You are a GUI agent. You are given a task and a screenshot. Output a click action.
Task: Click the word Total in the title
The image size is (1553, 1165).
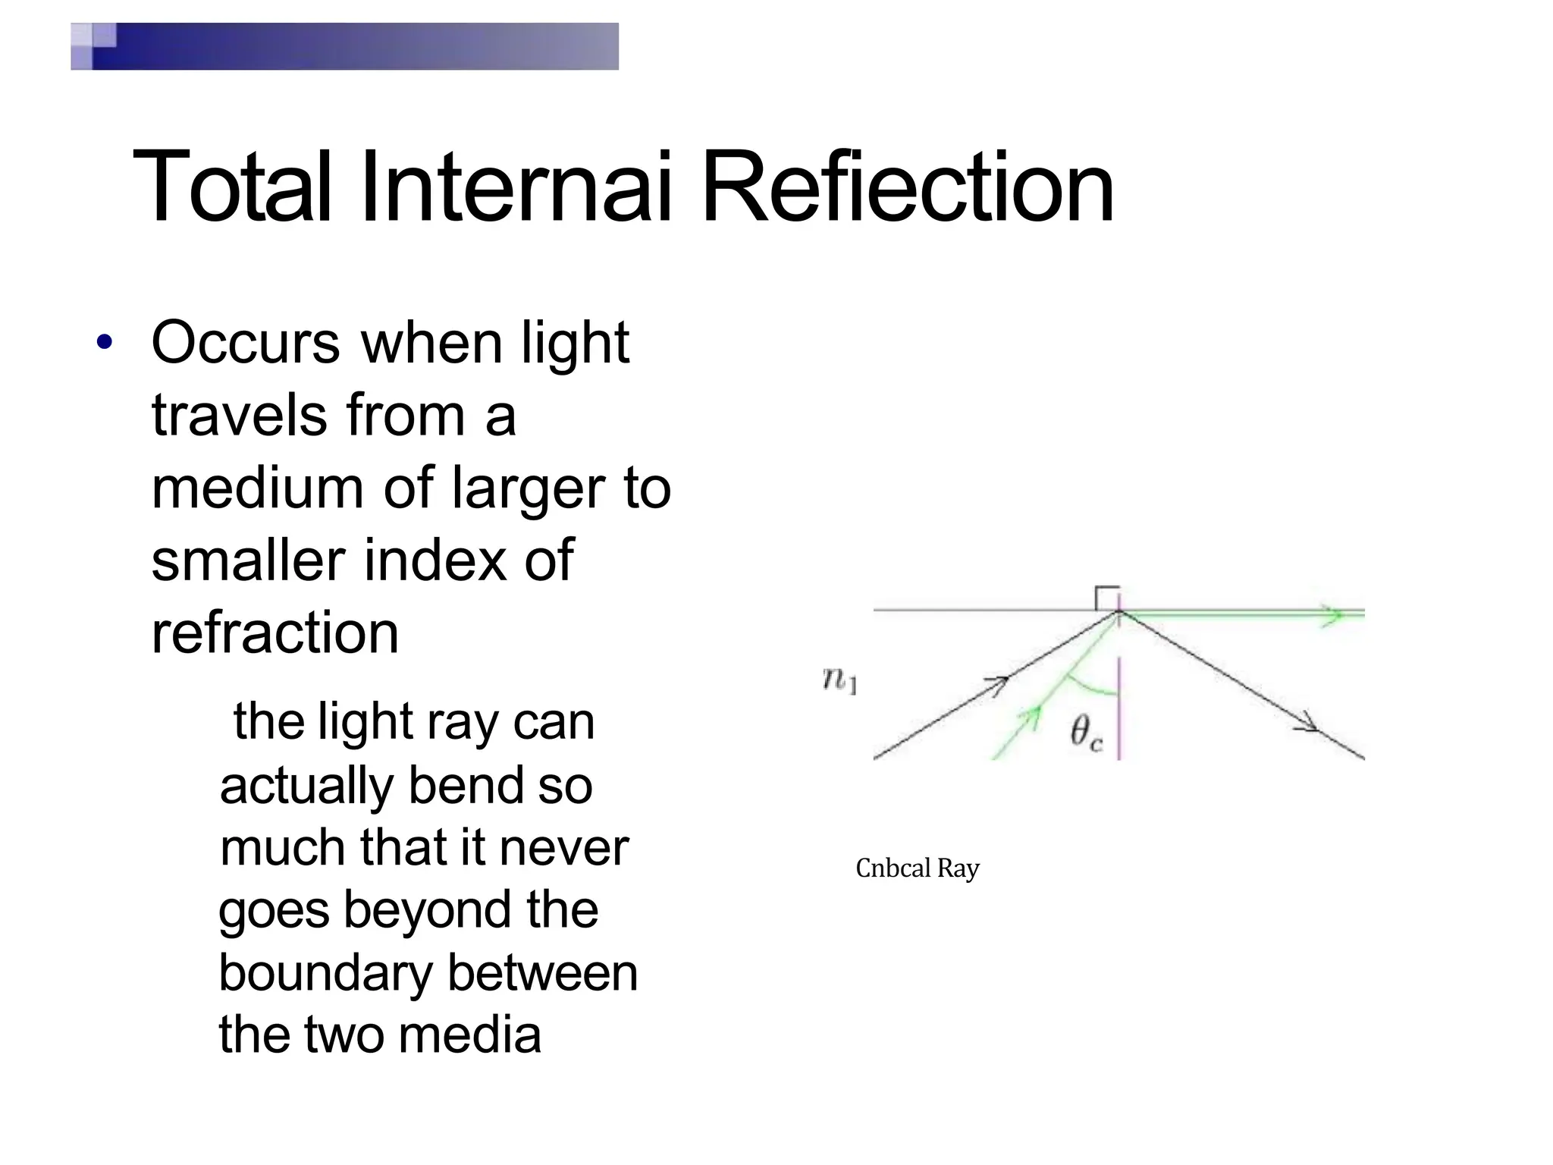click(x=232, y=187)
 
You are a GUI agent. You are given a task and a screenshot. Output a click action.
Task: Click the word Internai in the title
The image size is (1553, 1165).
click(x=516, y=187)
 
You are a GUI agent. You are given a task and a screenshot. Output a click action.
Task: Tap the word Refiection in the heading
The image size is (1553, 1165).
click(x=908, y=187)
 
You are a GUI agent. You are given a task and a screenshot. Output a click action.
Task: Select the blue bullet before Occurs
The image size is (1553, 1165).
click(x=105, y=342)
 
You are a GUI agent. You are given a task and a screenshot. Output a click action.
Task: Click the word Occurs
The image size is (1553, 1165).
click(x=246, y=343)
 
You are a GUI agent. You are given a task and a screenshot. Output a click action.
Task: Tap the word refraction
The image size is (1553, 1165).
click(x=275, y=633)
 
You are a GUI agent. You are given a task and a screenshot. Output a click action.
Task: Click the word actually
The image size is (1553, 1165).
click(x=306, y=786)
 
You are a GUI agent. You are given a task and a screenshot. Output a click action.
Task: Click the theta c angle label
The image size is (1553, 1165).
click(x=1086, y=733)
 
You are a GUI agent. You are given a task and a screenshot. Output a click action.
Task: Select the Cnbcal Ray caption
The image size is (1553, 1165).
click(x=918, y=868)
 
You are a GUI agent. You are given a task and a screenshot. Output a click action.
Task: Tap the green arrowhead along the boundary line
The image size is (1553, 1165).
click(x=1331, y=615)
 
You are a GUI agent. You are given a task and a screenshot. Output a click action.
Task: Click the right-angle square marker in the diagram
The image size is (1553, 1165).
click(x=1107, y=598)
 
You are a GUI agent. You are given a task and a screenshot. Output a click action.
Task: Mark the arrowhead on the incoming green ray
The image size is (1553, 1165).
click(x=1029, y=717)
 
